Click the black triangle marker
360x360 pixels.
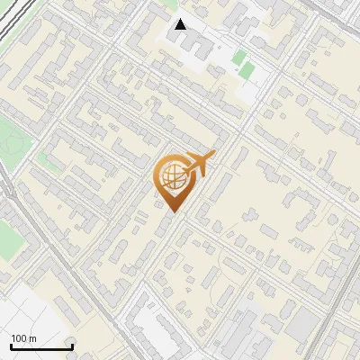click(181, 24)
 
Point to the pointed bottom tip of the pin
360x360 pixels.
click(171, 211)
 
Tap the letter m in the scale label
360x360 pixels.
click(32, 338)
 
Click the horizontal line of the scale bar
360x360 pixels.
click(40, 347)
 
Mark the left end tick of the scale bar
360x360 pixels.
click(11, 346)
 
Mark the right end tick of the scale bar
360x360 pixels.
click(71, 346)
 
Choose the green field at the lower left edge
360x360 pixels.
click(7, 238)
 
